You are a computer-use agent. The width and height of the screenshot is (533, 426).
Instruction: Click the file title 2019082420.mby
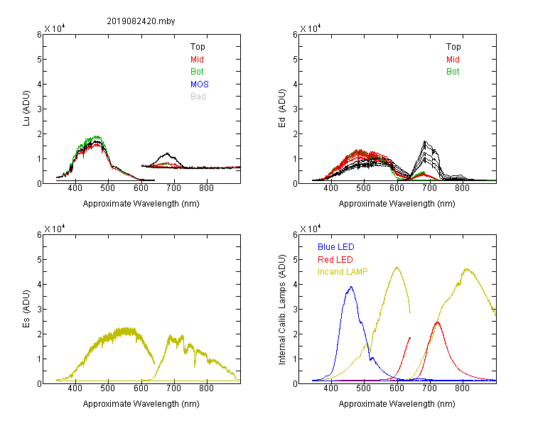coord(141,21)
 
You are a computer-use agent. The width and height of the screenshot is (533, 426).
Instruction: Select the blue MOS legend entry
coord(200,84)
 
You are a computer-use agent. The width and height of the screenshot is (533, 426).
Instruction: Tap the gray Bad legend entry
coord(198,97)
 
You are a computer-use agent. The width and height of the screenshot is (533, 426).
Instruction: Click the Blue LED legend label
coord(336,247)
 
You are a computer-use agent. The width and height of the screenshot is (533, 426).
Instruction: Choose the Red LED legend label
coord(335,260)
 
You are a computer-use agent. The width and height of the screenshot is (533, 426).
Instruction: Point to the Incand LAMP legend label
coord(343,272)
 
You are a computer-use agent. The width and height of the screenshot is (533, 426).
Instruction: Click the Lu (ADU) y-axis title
coord(26,109)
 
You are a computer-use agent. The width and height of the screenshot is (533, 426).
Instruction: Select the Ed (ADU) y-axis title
coord(282,109)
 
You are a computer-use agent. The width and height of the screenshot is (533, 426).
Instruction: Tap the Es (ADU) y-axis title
coord(26,309)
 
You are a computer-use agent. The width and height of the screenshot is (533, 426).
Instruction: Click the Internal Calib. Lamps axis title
coord(282,310)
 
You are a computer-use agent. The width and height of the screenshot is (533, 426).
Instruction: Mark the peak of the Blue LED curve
coord(351,287)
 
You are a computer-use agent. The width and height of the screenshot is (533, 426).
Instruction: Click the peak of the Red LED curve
coord(437,322)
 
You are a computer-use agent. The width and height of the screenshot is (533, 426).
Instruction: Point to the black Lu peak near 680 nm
coord(167,153)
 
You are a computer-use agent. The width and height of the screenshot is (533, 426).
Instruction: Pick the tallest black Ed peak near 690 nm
coord(424,141)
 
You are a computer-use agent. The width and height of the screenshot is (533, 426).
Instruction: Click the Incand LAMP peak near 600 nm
coord(397,268)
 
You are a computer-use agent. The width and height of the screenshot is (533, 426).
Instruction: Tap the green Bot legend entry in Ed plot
coord(453,72)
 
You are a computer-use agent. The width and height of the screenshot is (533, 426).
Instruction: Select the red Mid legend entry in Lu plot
coord(197,60)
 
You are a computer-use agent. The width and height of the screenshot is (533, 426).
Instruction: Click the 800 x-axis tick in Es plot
coord(206,388)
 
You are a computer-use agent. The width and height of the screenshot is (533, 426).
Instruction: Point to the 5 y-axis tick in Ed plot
coord(295,60)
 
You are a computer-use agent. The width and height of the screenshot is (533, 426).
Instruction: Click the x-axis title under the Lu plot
coord(141,204)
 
